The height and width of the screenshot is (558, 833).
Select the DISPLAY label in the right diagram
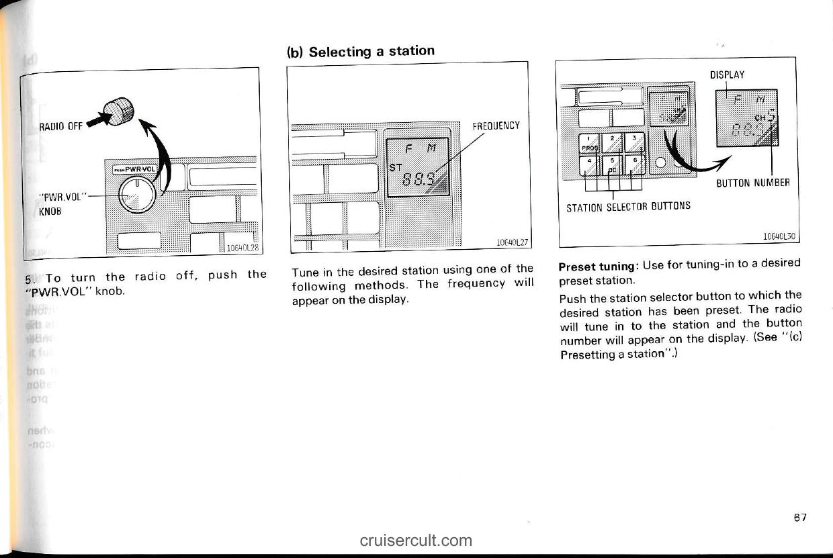coord(728,75)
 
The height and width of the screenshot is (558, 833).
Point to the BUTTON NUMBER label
coord(753,181)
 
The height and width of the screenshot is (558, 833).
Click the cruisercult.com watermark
coord(416,540)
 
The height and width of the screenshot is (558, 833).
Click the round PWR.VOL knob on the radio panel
coord(136,195)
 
